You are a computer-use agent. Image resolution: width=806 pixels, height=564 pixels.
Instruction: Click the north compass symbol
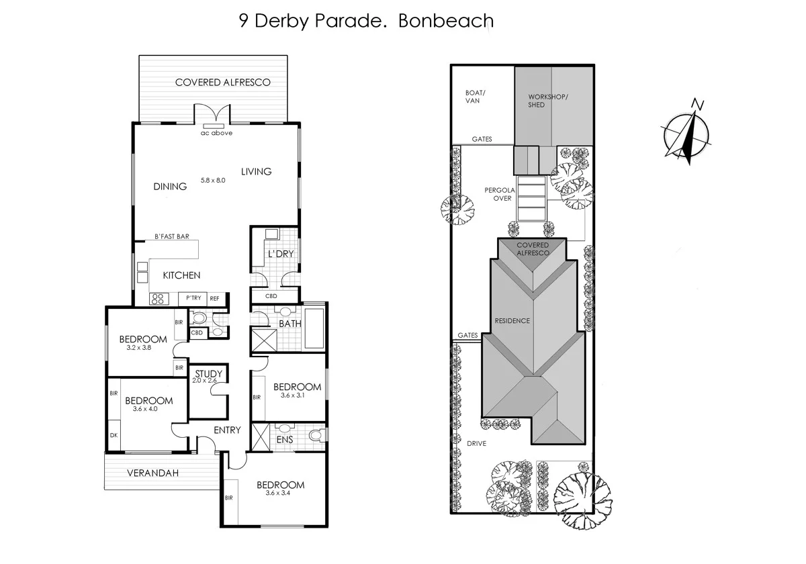click(688, 133)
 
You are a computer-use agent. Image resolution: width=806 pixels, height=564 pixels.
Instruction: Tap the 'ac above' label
click(216, 133)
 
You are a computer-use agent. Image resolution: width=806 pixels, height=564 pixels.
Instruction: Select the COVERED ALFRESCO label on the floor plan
click(222, 83)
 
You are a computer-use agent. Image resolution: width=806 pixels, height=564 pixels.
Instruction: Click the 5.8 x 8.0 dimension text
click(213, 180)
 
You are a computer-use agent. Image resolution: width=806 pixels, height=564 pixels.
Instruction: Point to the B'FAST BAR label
click(172, 236)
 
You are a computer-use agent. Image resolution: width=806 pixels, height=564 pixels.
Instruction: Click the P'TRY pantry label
click(193, 298)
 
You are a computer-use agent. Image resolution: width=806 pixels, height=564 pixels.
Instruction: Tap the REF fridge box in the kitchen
click(215, 298)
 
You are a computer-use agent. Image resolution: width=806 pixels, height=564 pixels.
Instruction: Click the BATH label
click(290, 324)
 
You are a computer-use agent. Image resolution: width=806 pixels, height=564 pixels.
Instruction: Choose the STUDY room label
click(208, 374)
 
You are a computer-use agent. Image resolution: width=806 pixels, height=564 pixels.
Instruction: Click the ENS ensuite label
click(285, 440)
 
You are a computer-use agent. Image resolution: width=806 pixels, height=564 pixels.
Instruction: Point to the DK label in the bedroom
click(113, 435)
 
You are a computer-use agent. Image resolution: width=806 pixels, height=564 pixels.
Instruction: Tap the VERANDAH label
click(152, 473)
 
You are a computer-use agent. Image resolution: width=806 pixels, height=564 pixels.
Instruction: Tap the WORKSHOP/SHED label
click(547, 100)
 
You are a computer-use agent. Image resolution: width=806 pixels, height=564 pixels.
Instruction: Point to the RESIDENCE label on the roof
click(512, 321)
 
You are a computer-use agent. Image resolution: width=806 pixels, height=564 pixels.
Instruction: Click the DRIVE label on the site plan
click(476, 444)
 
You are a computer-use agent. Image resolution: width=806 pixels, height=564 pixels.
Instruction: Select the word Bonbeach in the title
click(446, 20)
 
